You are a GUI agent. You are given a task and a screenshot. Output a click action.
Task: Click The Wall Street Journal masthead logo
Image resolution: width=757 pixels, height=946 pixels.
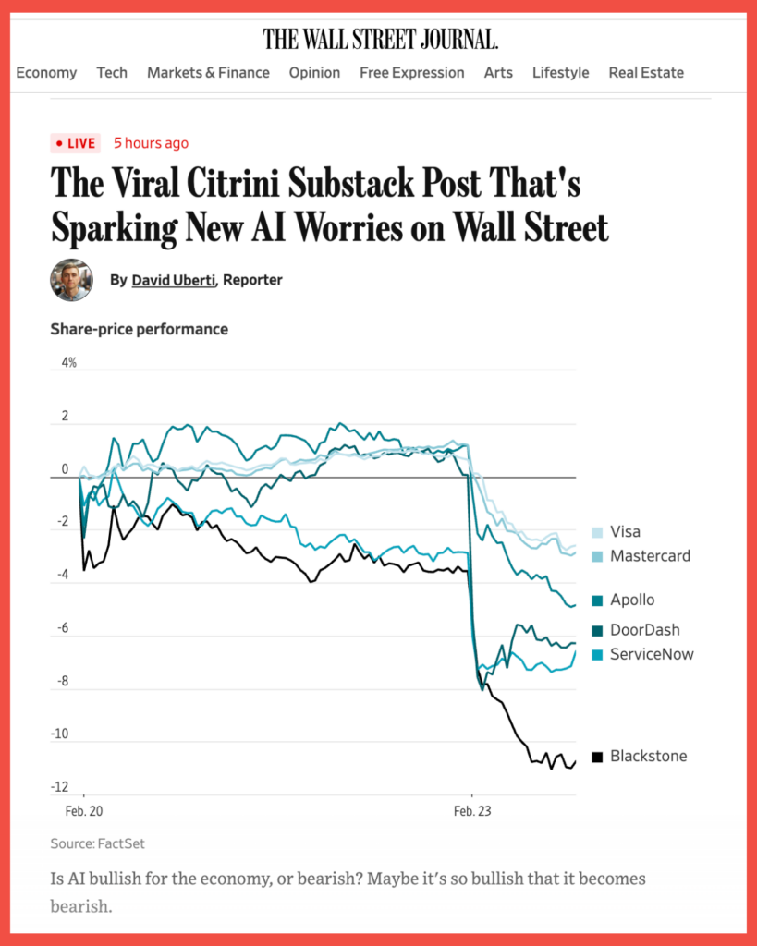pyautogui.click(x=380, y=39)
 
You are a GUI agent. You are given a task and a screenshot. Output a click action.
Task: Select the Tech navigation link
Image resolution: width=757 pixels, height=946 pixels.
pyautogui.click(x=112, y=72)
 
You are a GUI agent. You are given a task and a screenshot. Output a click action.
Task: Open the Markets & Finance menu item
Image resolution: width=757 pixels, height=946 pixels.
pyautogui.click(x=208, y=72)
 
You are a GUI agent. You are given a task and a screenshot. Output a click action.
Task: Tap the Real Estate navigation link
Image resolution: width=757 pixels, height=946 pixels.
pyautogui.click(x=646, y=72)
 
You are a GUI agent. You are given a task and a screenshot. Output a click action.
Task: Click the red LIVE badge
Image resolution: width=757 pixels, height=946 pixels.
pyautogui.click(x=75, y=143)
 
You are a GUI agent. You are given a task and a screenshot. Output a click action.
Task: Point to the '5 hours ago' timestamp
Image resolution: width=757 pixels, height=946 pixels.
pyautogui.click(x=151, y=143)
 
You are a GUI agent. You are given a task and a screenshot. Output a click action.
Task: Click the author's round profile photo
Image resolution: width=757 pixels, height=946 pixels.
pyautogui.click(x=71, y=280)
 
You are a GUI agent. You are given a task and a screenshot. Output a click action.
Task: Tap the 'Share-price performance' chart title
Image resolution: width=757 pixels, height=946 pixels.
pyautogui.click(x=139, y=329)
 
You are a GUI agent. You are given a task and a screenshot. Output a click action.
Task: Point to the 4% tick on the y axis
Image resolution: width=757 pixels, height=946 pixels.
pyautogui.click(x=68, y=363)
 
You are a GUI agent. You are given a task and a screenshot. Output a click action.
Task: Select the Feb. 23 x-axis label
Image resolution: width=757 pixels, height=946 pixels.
pyautogui.click(x=471, y=811)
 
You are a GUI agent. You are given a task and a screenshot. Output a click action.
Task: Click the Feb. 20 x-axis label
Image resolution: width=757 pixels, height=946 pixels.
pyautogui.click(x=83, y=811)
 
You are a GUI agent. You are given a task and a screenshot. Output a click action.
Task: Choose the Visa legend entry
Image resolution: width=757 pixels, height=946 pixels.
pyautogui.click(x=624, y=532)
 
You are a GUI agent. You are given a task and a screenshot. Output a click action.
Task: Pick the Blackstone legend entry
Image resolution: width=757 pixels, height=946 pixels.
pyautogui.click(x=647, y=757)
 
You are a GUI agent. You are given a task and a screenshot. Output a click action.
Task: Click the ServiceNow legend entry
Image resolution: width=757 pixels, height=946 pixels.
pyautogui.click(x=651, y=655)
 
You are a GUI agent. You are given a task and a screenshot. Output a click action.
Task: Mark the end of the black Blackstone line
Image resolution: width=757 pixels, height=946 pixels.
pyautogui.click(x=575, y=762)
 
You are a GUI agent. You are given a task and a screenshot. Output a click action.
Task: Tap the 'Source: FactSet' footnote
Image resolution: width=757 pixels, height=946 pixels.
pyautogui.click(x=97, y=843)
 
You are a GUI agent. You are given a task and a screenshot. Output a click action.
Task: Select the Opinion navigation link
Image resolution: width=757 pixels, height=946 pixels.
pyautogui.click(x=314, y=72)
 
